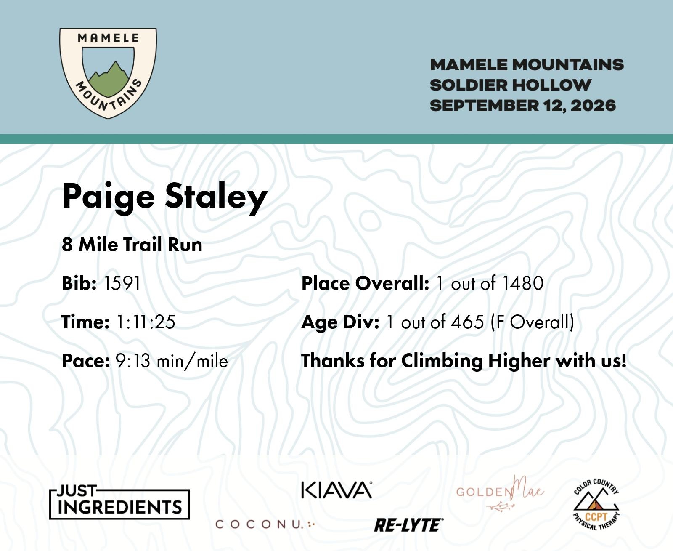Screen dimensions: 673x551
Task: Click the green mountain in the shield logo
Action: (109, 82)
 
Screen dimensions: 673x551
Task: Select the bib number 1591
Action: (122, 283)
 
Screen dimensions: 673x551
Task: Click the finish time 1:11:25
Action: (146, 322)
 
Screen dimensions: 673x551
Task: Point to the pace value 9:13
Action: (133, 361)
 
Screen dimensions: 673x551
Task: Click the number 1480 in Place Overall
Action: (523, 283)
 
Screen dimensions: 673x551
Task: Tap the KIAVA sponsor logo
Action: (336, 490)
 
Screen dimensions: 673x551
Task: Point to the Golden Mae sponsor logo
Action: (500, 493)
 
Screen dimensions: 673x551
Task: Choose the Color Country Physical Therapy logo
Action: (596, 504)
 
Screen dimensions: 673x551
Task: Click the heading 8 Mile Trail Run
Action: (132, 245)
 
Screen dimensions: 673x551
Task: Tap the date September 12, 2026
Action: (523, 106)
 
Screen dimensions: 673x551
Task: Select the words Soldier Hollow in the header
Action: (510, 85)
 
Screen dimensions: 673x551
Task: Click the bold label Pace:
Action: (85, 361)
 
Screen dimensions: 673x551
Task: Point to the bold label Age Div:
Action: (340, 322)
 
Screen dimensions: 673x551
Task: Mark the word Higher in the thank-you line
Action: (519, 361)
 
